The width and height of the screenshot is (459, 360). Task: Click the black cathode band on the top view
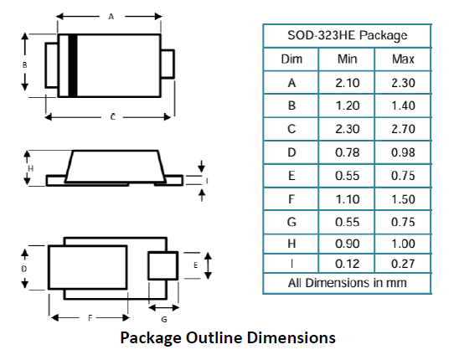pyautogui.click(x=73, y=65)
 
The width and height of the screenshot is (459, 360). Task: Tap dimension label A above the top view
pyautogui.click(x=111, y=17)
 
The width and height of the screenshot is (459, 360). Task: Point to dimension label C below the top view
pyautogui.click(x=113, y=117)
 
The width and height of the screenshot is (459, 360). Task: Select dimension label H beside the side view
pyautogui.click(x=31, y=168)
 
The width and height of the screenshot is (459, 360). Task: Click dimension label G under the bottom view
pyautogui.click(x=164, y=319)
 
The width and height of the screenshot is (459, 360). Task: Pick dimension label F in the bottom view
pyautogui.click(x=90, y=318)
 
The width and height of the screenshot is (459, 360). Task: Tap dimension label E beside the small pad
pyautogui.click(x=195, y=265)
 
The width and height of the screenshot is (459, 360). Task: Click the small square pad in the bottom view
pyautogui.click(x=163, y=265)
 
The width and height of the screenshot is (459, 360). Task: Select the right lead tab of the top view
pyautogui.click(x=168, y=64)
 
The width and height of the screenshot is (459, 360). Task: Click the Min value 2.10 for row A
pyautogui.click(x=347, y=83)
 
